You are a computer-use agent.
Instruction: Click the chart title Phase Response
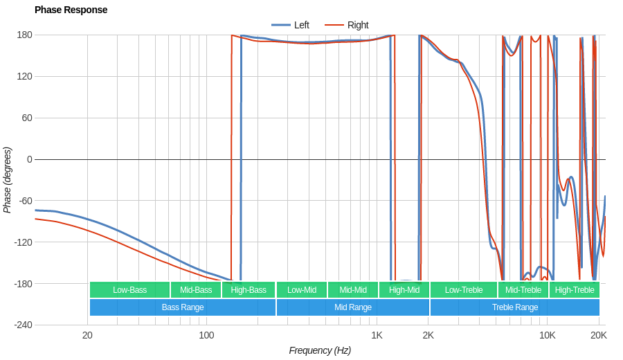(x=71, y=10)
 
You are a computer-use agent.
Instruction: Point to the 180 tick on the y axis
(x=25, y=35)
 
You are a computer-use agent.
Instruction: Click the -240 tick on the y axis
(x=23, y=325)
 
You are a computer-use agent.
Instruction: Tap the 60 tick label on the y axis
(x=28, y=118)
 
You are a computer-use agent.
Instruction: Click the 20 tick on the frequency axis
(x=87, y=335)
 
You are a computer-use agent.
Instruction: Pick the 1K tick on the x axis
(x=377, y=335)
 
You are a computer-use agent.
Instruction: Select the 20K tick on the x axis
(x=599, y=335)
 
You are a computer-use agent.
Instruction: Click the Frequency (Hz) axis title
(x=320, y=350)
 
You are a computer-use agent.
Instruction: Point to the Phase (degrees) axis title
(x=8, y=180)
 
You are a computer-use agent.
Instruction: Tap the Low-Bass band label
(x=129, y=290)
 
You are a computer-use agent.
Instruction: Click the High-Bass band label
(x=249, y=290)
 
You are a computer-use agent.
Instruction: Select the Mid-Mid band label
(x=353, y=290)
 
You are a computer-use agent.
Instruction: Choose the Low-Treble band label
(x=464, y=290)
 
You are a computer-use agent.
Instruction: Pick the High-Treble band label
(x=575, y=290)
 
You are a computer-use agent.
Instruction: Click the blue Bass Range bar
(x=183, y=307)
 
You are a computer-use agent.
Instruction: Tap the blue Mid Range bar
(x=353, y=307)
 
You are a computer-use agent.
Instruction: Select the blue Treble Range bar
(x=515, y=307)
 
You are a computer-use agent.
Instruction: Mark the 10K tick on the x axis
(x=548, y=335)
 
